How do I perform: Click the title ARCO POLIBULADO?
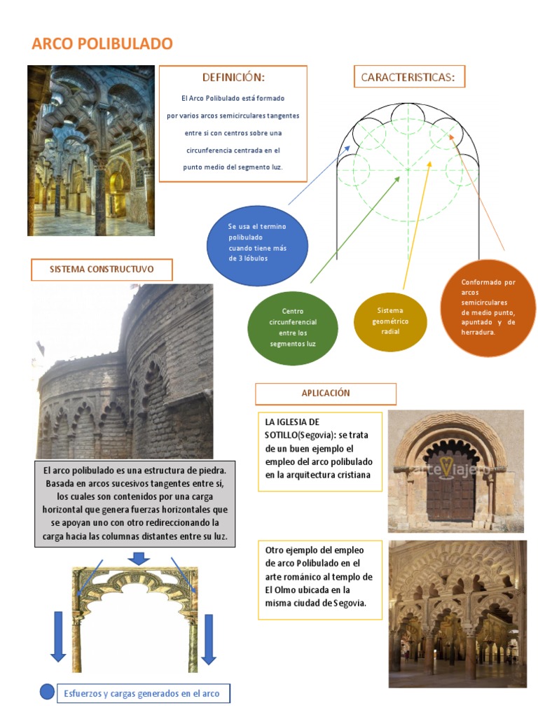click(102, 43)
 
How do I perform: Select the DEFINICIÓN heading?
click(233, 77)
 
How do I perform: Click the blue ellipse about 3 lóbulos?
click(257, 243)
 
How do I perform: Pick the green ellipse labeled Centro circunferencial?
click(293, 328)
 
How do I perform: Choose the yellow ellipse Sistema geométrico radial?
click(390, 321)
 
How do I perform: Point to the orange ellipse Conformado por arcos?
click(488, 307)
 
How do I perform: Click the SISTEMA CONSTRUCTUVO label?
click(102, 269)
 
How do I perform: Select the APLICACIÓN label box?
click(326, 394)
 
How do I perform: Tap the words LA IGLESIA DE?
click(292, 422)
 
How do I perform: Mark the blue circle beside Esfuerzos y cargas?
click(47, 692)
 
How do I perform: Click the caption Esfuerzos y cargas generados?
click(142, 694)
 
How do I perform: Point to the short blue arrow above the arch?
click(139, 558)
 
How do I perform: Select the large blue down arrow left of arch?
click(58, 637)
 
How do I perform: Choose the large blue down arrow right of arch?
click(208, 639)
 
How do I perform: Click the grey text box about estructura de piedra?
click(135, 503)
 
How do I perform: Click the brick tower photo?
click(123, 371)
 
